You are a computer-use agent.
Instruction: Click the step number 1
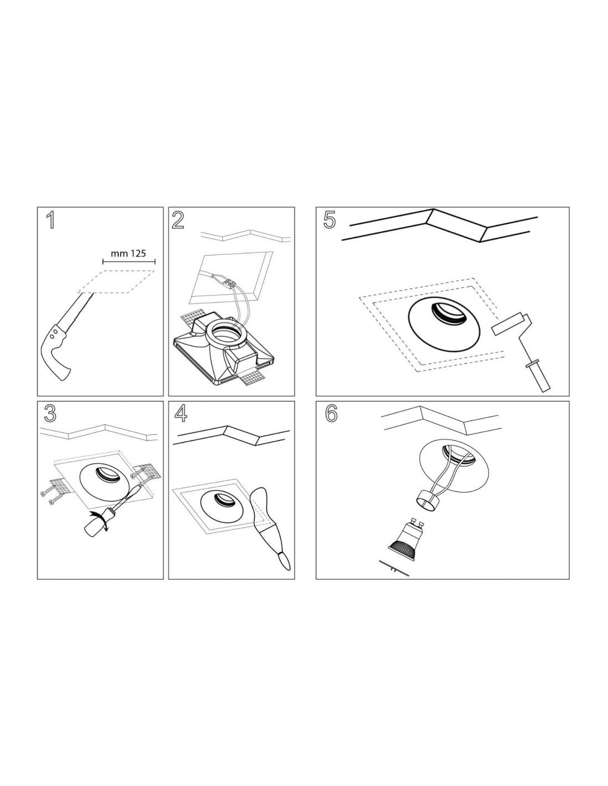(51, 220)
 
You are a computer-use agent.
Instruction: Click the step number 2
(177, 220)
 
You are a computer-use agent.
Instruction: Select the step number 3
(50, 413)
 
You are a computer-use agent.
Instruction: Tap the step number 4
(181, 413)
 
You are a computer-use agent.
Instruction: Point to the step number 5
(329, 220)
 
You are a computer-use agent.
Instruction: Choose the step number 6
(331, 413)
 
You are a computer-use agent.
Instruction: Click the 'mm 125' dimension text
(128, 253)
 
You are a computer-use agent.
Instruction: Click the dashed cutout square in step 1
(116, 281)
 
